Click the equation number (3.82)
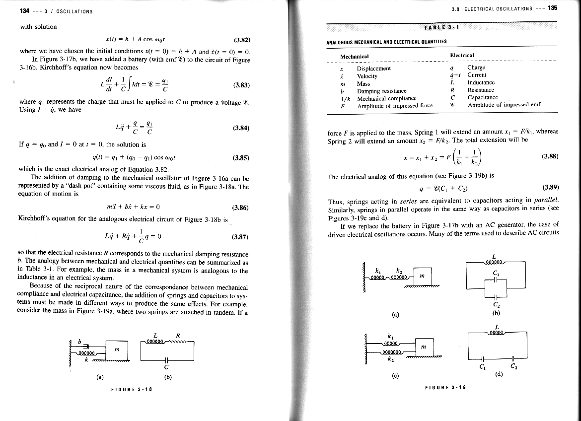coord(241,40)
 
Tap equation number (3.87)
coord(241,236)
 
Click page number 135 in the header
coord(553,8)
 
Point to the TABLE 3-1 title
coord(443,27)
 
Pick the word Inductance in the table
coord(481,83)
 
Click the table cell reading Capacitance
coord(483,98)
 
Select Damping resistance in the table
coord(381,91)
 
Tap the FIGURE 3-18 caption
coord(131,389)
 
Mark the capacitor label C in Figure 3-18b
coord(167,368)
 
